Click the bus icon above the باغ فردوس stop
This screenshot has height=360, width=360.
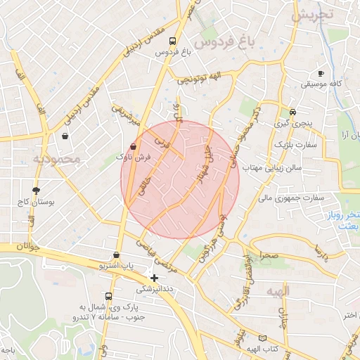(x=169, y=40)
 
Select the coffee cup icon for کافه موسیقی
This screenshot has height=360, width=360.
(x=321, y=73)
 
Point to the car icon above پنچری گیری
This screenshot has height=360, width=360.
(x=292, y=112)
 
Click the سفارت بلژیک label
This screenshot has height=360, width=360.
(x=295, y=144)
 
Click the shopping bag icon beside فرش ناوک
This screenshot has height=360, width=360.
(x=134, y=146)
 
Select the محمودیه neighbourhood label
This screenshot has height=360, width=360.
(x=58, y=160)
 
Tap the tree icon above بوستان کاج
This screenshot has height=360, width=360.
(x=36, y=190)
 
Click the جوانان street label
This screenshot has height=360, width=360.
(x=21, y=247)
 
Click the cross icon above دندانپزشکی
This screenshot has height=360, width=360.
(x=155, y=278)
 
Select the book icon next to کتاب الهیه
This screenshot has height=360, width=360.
(x=262, y=337)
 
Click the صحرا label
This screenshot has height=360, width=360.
(x=269, y=255)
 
